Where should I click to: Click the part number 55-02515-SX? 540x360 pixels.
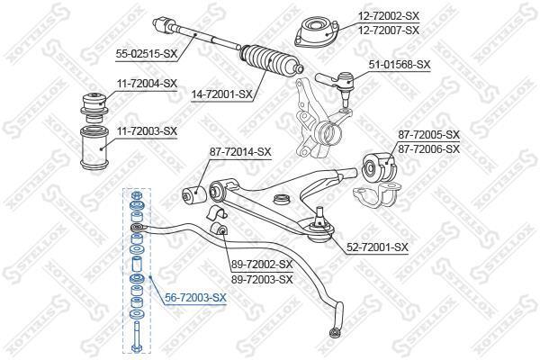pos(147,54)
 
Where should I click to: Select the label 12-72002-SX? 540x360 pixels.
pos(389,15)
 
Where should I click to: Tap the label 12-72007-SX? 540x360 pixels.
pos(389,31)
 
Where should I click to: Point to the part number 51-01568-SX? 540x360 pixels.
pos(400,65)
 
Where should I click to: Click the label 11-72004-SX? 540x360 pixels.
pos(147,84)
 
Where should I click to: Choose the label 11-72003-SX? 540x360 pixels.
pos(147,131)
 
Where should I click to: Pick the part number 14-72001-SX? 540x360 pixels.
pos(221,94)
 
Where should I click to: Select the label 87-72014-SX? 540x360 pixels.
pos(240,151)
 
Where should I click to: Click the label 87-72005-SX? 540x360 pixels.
pos(429,135)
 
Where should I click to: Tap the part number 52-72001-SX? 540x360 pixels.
pos(377,247)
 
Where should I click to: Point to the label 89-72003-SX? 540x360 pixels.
pos(262,279)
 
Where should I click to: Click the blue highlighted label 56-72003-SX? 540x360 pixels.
pos(195,298)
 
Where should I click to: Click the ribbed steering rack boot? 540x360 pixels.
pos(271,60)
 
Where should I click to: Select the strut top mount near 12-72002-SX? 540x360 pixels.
pos(317,33)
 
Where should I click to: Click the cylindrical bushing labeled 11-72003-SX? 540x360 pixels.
pos(94,148)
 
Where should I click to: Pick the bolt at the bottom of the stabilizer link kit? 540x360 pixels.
pos(137,337)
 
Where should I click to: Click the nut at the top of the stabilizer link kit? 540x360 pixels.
pos(136,195)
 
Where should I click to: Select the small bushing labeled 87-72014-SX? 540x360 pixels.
pos(193,194)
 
